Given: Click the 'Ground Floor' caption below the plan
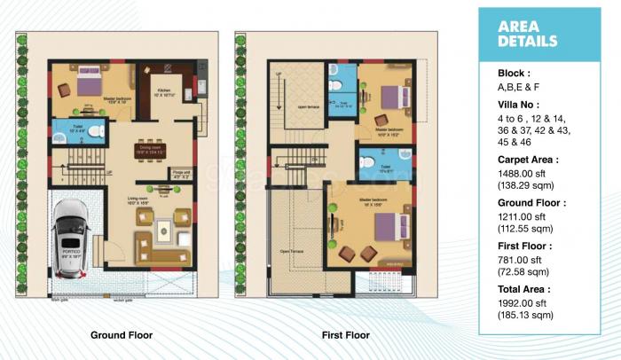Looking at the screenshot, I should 121,335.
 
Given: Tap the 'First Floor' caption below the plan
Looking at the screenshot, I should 345,335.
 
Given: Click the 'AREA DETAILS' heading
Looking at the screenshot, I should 528,34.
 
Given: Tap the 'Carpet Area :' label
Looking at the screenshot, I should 529,160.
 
